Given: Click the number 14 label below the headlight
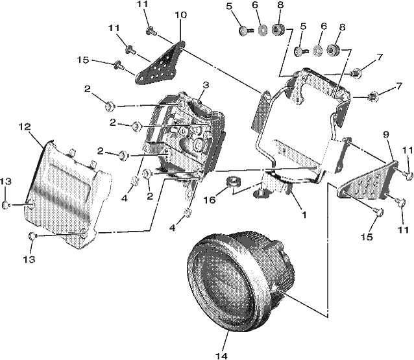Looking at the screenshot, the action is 221,355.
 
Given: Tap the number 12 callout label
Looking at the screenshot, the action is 25,126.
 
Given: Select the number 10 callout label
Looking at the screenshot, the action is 181,15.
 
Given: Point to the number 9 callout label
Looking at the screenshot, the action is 386,135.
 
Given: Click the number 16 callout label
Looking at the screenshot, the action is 210,200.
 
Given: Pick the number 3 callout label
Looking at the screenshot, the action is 206,85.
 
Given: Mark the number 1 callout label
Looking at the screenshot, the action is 304,215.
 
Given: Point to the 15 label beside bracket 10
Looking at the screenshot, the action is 83,60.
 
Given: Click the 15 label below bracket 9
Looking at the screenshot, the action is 366,237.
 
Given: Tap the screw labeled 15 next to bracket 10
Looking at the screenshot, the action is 118,66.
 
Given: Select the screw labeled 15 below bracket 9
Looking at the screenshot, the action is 378,211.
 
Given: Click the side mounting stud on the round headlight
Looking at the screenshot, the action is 278,289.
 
